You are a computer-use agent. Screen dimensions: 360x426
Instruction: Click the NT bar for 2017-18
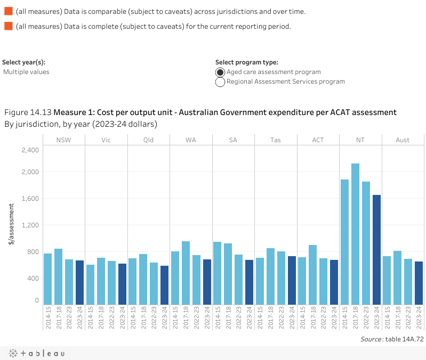[x=356, y=234]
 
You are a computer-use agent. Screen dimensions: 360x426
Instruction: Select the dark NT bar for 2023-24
[x=376, y=250]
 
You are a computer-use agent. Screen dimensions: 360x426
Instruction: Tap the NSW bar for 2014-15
[x=47, y=279]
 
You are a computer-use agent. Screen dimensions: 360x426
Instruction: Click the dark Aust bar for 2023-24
[x=419, y=283]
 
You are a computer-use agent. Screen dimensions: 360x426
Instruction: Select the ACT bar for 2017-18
[x=313, y=275]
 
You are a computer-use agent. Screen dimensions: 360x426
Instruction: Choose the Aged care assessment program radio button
[x=220, y=72]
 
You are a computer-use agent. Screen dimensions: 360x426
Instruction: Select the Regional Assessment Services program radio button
[x=220, y=82]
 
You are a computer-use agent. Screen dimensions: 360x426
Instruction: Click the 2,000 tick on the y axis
[x=30, y=171]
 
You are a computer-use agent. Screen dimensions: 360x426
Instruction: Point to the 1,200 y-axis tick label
[x=30, y=225]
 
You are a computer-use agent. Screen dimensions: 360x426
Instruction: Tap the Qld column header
[x=149, y=140]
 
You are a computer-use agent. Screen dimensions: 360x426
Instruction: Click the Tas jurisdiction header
[x=276, y=140]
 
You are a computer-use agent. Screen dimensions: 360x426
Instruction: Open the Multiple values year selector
[x=26, y=72]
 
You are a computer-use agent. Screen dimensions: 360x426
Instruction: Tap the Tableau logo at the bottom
[x=37, y=353]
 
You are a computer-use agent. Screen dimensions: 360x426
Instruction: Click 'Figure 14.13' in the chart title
[x=28, y=112]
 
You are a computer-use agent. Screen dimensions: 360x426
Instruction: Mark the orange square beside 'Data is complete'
[x=8, y=27]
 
